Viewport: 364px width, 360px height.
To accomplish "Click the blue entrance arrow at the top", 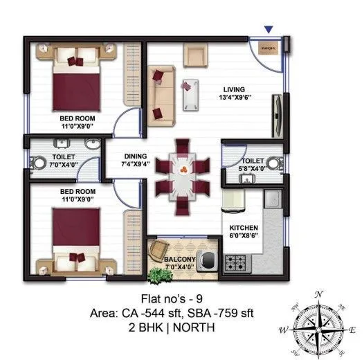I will [x=269, y=29].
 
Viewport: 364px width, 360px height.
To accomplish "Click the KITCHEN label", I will [x=244, y=228].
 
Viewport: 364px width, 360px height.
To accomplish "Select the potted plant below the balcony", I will [x=161, y=275].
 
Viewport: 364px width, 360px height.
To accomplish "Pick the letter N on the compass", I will [x=319, y=294].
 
